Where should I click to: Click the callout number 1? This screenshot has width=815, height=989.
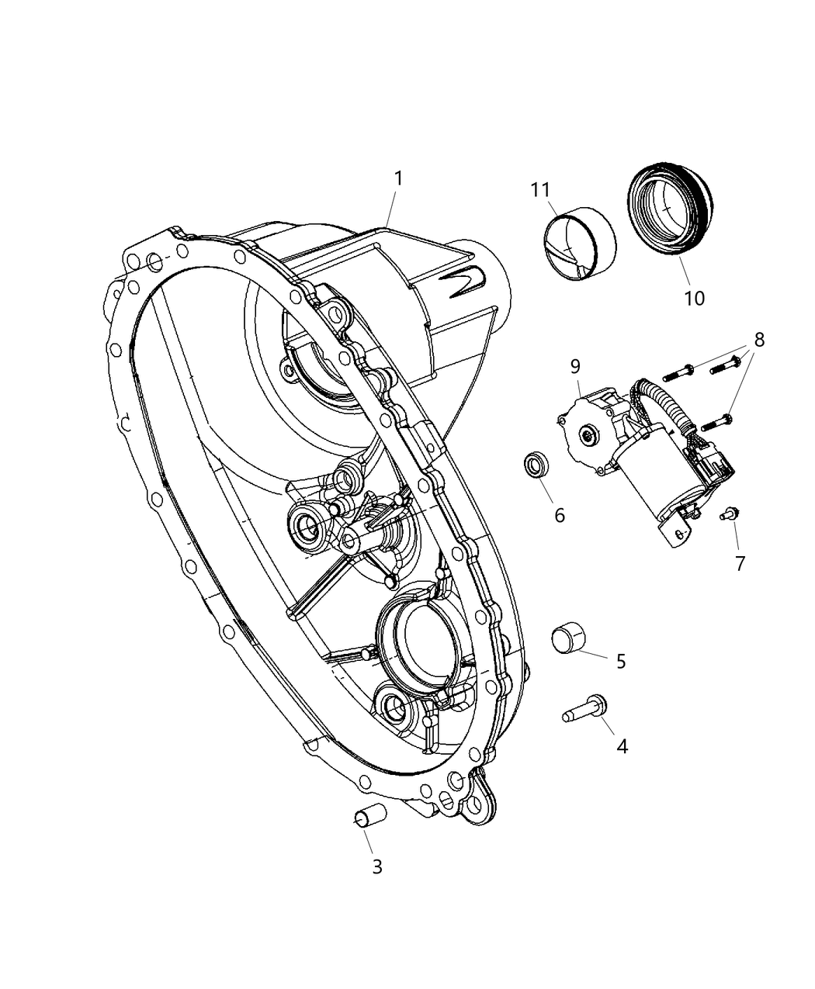(x=398, y=178)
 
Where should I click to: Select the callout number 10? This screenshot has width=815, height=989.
(x=694, y=298)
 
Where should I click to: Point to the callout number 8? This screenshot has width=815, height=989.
(x=758, y=339)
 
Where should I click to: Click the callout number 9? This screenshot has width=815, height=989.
(x=574, y=365)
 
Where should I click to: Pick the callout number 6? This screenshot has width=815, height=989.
(x=559, y=515)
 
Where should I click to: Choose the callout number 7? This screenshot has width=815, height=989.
(x=740, y=564)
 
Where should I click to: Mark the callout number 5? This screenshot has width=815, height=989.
(x=620, y=661)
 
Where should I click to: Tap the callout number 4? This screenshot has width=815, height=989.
(x=621, y=746)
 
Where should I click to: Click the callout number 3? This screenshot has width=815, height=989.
(x=376, y=866)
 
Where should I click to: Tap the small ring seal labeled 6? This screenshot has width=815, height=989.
(x=535, y=467)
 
